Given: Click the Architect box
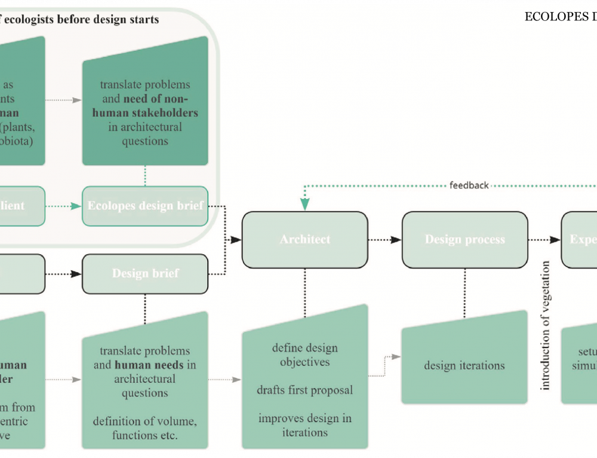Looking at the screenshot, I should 304,239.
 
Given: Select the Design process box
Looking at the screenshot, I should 464,239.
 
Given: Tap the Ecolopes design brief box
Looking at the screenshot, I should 145,206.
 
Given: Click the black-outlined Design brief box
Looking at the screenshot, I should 145,274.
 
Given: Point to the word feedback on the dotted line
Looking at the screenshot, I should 469,185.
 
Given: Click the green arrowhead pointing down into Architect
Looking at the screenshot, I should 305,204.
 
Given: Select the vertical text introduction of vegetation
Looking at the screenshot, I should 545,334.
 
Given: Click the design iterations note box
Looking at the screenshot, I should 464,365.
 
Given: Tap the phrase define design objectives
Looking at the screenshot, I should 305,355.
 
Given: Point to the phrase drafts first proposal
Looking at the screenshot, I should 305,390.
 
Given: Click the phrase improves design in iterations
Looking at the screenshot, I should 305,425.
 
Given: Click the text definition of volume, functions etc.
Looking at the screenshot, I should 145,428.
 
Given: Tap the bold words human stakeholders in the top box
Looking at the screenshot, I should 145,112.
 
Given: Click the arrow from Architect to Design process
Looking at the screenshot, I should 384,239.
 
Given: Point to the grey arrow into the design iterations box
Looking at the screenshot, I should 395,357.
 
